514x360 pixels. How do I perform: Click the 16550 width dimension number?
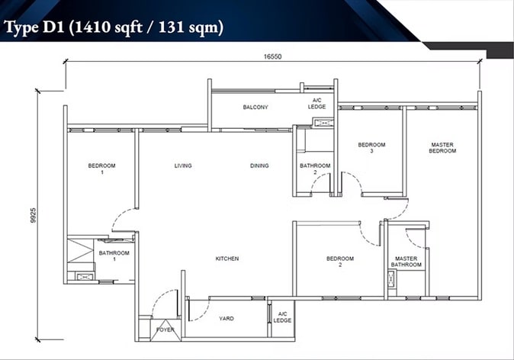pyautogui.click(x=272, y=56)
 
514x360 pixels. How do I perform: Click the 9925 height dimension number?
pyautogui.click(x=33, y=215)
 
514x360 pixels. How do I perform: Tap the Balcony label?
pyautogui.click(x=255, y=108)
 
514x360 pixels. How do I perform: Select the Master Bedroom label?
pyautogui.click(x=442, y=147)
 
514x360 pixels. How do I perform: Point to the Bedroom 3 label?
pyautogui.click(x=371, y=147)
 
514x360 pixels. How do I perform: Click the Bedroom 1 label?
pyautogui.click(x=101, y=169)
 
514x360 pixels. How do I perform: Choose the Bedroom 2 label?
pyautogui.click(x=340, y=262)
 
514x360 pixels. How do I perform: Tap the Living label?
pyautogui.click(x=183, y=166)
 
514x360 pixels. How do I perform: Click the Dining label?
pyautogui.click(x=259, y=166)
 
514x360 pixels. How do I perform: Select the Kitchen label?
pyautogui.click(x=226, y=259)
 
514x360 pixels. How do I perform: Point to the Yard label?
pyautogui.click(x=226, y=318)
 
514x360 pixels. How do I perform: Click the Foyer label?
pyautogui.click(x=165, y=329)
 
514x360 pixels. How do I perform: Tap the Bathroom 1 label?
pyautogui.click(x=114, y=256)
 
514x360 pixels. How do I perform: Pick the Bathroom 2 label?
pyautogui.click(x=315, y=169)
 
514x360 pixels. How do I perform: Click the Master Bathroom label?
pyautogui.click(x=406, y=262)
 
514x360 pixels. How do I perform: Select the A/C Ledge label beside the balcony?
pyautogui.click(x=316, y=103)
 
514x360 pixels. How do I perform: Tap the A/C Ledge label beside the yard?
pyautogui.click(x=282, y=317)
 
